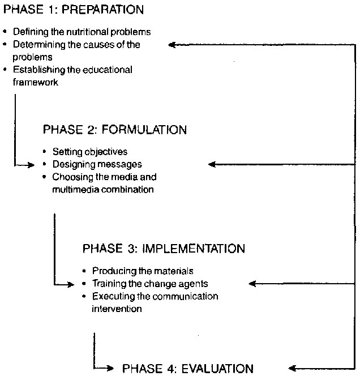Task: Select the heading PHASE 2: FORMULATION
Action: pyautogui.click(x=114, y=130)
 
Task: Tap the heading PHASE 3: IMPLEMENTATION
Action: pyautogui.click(x=164, y=249)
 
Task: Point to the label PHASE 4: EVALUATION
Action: pyautogui.click(x=188, y=369)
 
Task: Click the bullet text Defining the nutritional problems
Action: pyautogui.click(x=82, y=32)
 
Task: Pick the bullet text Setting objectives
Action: pyautogui.click(x=90, y=152)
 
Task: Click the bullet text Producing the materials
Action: pyautogui.click(x=143, y=271)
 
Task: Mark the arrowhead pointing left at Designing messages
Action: pyautogui.click(x=212, y=164)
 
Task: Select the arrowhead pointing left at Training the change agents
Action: pyautogui.click(x=252, y=283)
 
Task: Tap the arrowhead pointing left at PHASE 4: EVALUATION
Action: pyautogui.click(x=291, y=368)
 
